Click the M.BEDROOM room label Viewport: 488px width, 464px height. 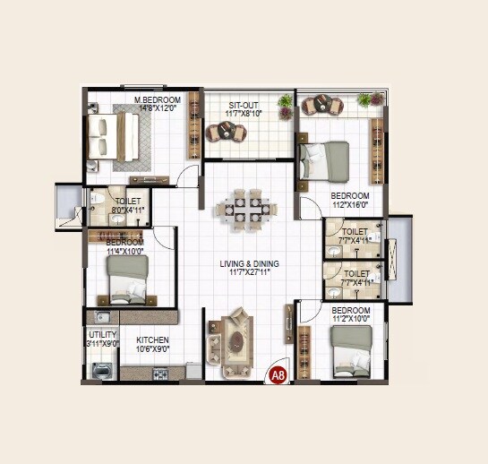coord(158,99)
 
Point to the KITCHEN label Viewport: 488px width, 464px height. coord(152,340)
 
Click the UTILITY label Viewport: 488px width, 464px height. coord(101,334)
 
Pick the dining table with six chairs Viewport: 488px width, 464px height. coord(245,209)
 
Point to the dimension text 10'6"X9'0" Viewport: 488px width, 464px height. coord(152,350)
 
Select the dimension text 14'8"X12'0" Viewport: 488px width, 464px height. coord(158,108)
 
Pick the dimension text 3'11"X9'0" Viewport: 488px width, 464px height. coord(101,343)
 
